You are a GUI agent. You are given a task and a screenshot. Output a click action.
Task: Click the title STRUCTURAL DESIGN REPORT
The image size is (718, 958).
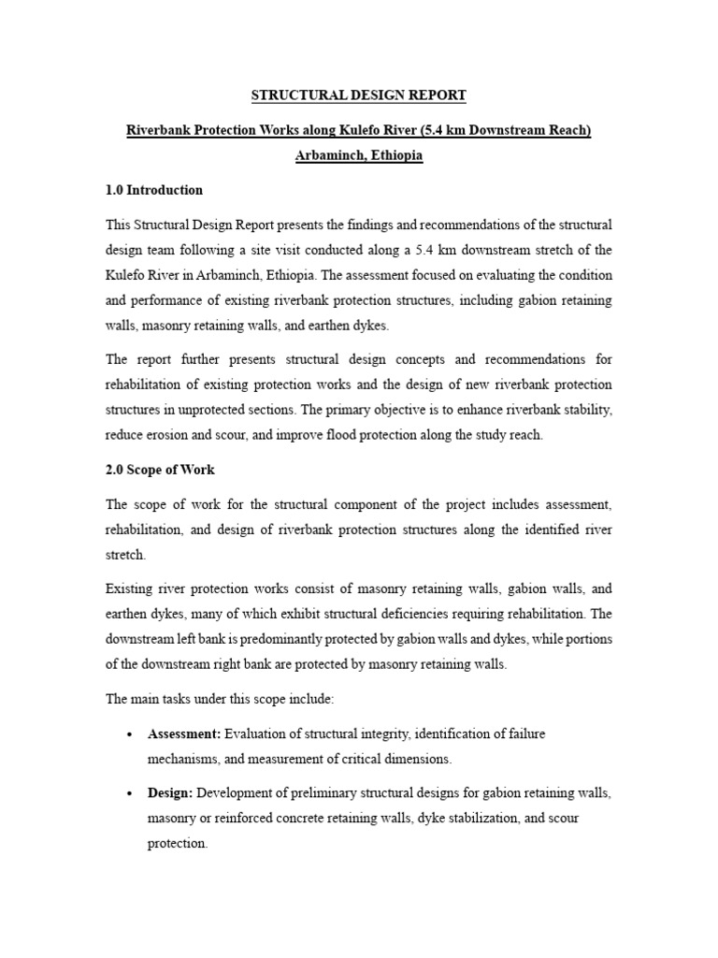(359, 95)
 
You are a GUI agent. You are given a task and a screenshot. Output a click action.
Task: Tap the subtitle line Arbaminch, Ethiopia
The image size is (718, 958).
(359, 155)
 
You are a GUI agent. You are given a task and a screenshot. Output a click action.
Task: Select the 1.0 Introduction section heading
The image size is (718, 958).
(154, 190)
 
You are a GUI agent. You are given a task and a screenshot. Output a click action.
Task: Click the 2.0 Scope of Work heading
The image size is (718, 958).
(160, 470)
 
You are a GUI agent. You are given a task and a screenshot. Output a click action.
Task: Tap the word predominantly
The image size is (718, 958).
(291, 638)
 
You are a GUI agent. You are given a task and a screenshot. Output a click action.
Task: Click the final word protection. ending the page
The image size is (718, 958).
(178, 842)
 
